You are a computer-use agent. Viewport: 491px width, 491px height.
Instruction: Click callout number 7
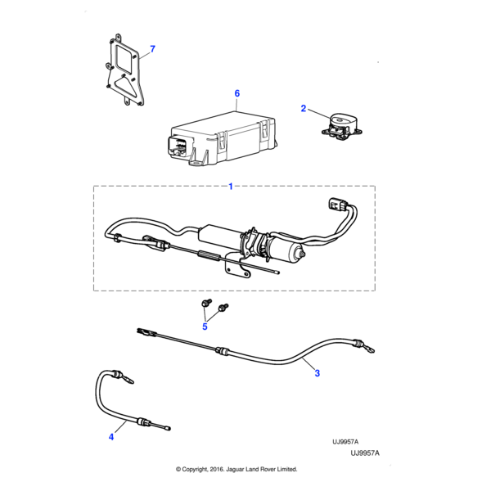coord(151,49)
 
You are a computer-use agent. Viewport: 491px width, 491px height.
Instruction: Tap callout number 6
coord(236,94)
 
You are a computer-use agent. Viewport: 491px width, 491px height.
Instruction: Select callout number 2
coord(304,108)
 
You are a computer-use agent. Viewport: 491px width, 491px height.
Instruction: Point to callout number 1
coord(230,187)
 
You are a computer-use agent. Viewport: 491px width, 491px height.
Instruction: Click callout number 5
coord(205,327)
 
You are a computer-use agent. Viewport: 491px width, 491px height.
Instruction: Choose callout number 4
coord(111,437)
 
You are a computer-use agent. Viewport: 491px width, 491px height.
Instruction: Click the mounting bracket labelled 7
coord(124,72)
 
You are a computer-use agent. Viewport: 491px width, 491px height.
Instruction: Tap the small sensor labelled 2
coord(340,127)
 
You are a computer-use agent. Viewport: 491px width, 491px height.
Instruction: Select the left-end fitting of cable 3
coord(142,332)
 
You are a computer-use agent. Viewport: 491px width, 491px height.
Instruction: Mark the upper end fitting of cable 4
coord(120,377)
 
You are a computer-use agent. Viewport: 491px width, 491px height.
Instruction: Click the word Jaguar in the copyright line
coord(235,469)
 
